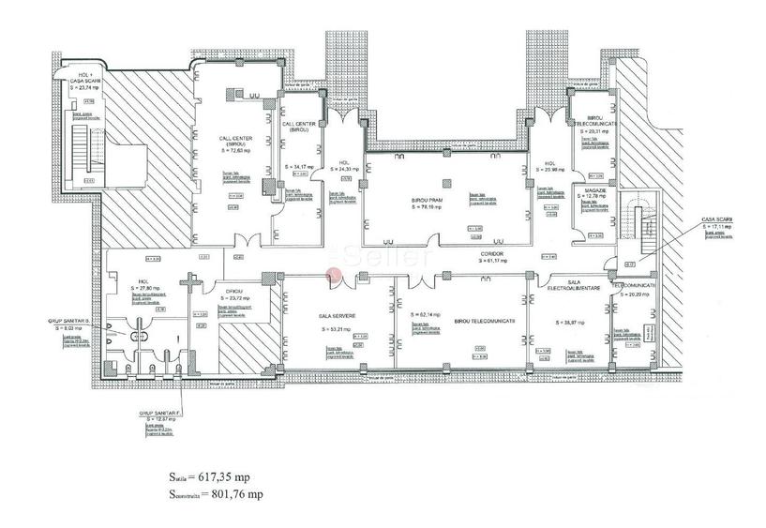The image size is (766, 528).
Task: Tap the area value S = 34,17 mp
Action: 297,166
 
